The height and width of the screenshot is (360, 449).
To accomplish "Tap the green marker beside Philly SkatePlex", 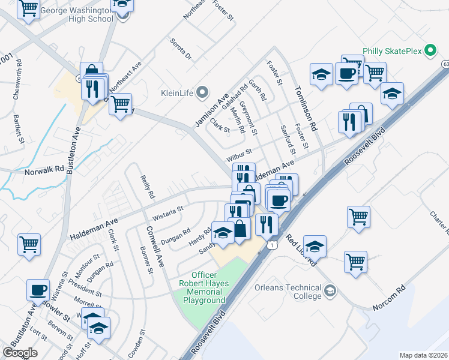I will point(430,51).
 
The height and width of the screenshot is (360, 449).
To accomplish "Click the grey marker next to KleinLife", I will point(202,93).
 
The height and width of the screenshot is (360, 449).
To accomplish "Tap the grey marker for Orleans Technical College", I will point(330,292).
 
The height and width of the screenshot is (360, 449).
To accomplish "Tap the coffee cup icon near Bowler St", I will point(38,290).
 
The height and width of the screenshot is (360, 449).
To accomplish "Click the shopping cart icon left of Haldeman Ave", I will point(29,244).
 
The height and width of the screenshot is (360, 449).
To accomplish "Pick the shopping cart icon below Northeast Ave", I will point(121,104).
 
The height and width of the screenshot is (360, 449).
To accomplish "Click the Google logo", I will point(20,353).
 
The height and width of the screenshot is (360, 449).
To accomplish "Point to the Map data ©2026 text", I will point(423,355).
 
